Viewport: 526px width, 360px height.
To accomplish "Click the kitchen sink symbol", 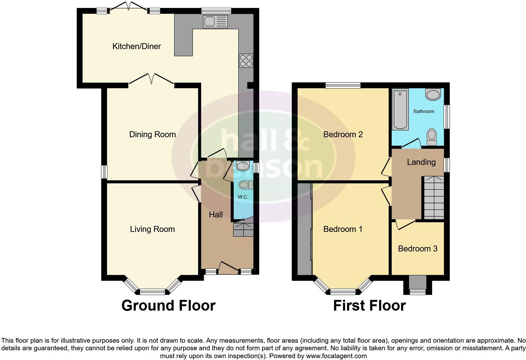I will (215, 22).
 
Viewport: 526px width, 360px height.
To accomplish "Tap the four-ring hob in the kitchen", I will (246, 61).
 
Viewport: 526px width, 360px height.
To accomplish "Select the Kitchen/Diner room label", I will (137, 47).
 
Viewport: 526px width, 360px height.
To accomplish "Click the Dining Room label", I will (152, 135).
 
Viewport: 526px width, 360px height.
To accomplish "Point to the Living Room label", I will (152, 229).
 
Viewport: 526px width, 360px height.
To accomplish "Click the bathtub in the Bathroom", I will (400, 109).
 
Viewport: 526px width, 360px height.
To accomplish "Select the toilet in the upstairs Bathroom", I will (432, 137).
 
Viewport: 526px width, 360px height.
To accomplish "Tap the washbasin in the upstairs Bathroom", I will (433, 94).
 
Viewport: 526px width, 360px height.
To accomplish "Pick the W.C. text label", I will (243, 197).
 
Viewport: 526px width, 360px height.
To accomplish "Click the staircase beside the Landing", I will (434, 198).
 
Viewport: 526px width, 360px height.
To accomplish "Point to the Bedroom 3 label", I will (417, 249).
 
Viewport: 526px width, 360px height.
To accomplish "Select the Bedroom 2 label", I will (343, 135).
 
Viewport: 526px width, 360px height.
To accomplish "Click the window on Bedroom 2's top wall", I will (343, 85).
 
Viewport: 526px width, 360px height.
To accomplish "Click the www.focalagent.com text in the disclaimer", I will (336, 356).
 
